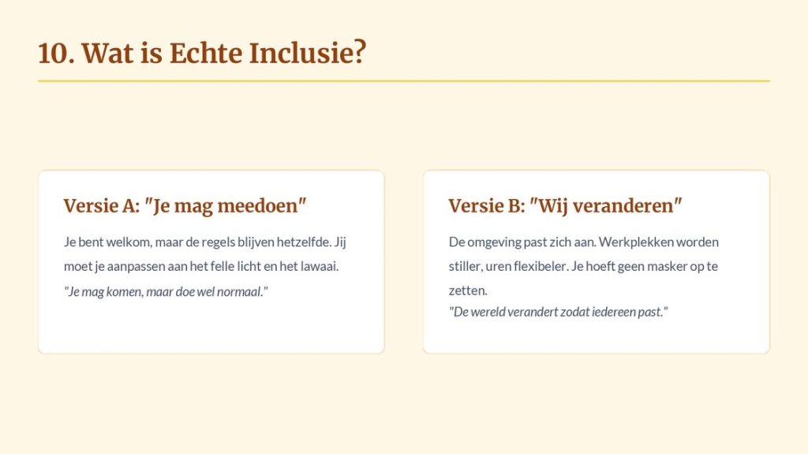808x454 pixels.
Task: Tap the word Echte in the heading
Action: (x=206, y=53)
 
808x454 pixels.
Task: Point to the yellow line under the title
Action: (x=404, y=81)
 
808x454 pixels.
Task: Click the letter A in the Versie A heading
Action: (x=129, y=205)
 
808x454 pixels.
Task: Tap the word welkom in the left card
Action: (x=129, y=242)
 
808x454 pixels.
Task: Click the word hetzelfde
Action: (x=304, y=242)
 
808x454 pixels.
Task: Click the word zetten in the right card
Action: (x=468, y=291)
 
